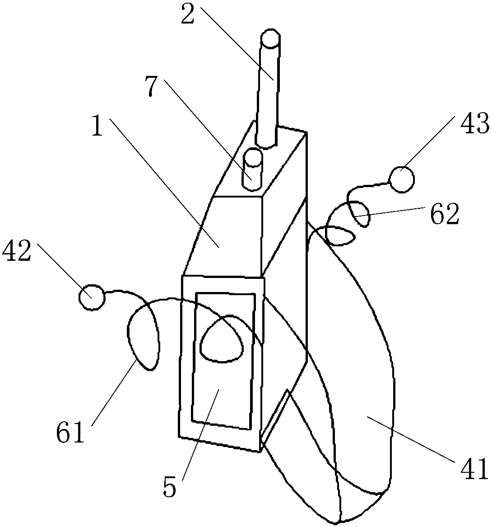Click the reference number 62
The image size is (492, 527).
coord(444,215)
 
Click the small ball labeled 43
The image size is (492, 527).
coord(402,179)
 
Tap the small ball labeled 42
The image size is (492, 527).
coord(92,297)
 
